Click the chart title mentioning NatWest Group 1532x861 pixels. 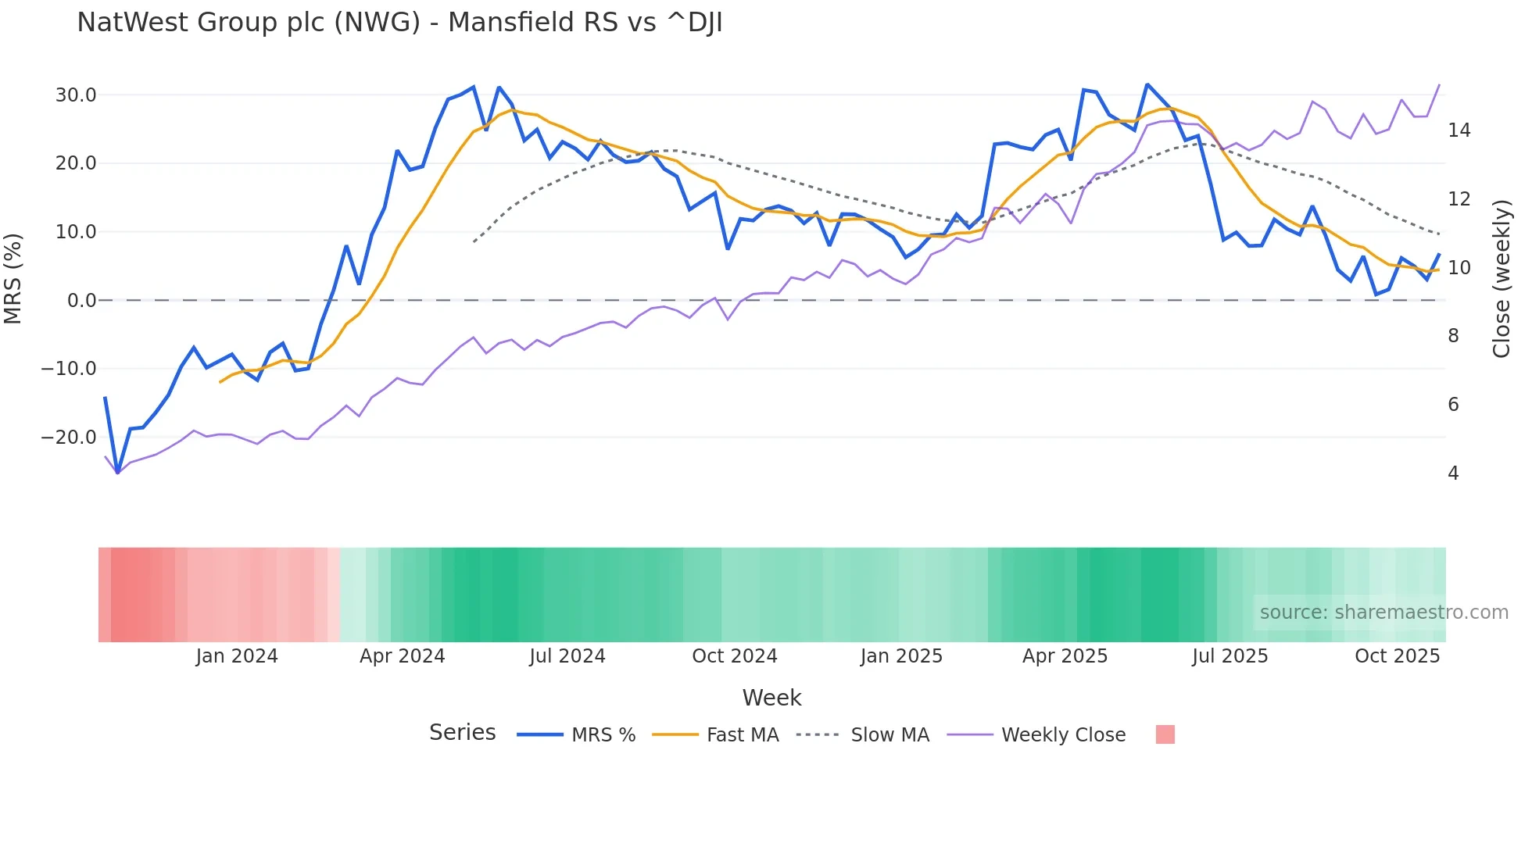coord(399,23)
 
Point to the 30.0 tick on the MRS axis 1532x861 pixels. coord(75,95)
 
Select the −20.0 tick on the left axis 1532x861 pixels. coord(69,438)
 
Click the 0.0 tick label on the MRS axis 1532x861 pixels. coord(81,301)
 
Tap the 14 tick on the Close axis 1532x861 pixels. coord(1459,130)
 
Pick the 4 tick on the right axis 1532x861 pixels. coord(1453,473)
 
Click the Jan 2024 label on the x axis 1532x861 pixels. coord(236,656)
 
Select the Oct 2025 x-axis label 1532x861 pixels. coord(1397,656)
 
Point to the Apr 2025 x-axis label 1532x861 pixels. coord(1065,656)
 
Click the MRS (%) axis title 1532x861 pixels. coord(13,278)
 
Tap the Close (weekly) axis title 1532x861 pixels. coord(1502,279)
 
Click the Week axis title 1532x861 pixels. coord(771,698)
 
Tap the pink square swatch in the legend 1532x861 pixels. coord(1165,734)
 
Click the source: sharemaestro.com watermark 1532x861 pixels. coord(1383,613)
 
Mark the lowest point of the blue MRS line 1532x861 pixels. coord(118,473)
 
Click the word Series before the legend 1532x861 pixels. coord(462,733)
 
